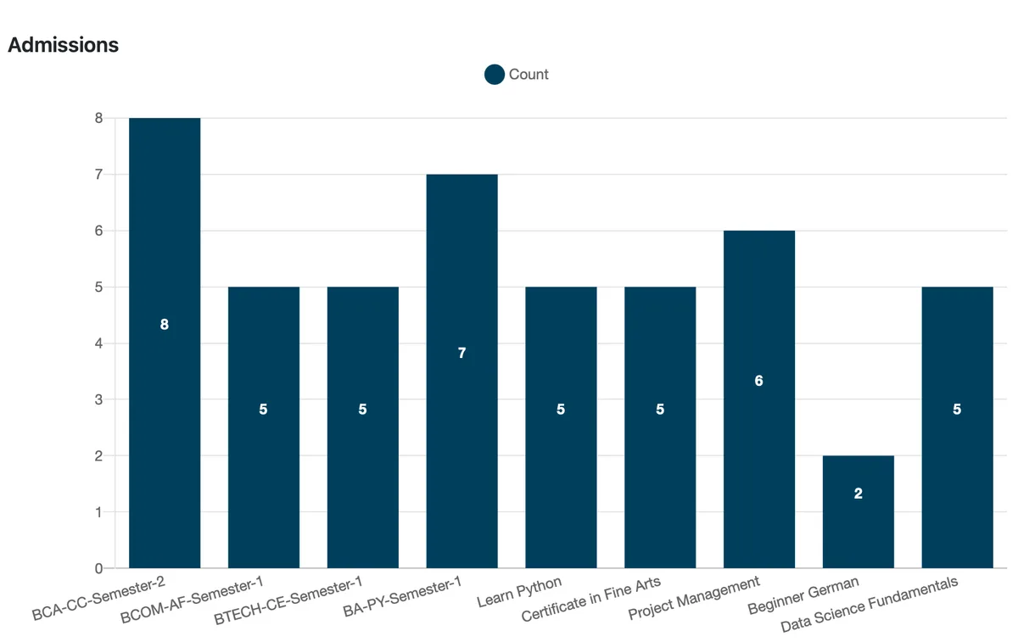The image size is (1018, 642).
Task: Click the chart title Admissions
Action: (63, 45)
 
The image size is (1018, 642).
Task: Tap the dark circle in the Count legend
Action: (495, 75)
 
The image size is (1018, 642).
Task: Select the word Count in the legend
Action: (529, 75)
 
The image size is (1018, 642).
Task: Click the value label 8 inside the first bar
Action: (165, 324)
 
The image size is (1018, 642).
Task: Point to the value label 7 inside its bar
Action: (461, 353)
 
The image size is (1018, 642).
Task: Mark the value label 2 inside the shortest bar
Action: (858, 494)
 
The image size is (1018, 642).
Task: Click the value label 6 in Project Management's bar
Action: (758, 381)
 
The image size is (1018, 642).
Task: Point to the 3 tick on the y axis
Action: (98, 399)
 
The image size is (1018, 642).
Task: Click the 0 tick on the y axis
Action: (98, 568)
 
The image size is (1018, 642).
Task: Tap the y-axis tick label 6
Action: (98, 231)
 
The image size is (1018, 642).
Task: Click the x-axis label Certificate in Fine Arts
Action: (590, 600)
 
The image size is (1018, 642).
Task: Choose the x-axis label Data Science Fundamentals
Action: (869, 606)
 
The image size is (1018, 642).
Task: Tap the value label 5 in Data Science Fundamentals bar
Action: (957, 409)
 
